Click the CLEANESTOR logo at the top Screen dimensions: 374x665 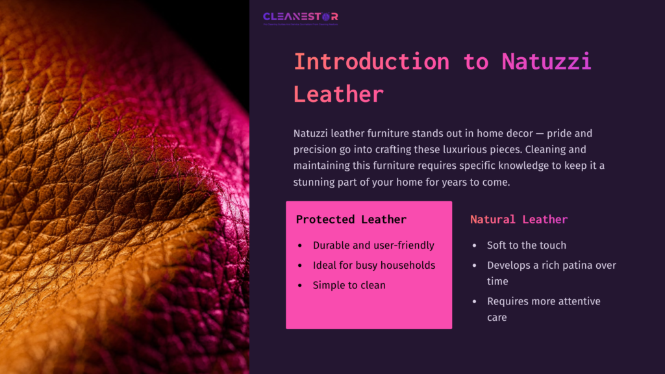(x=300, y=18)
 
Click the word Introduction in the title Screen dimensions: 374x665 (x=371, y=62)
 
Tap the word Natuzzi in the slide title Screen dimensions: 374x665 (x=546, y=62)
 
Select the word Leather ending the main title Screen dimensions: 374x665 (x=338, y=94)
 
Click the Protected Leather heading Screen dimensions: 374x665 (x=351, y=219)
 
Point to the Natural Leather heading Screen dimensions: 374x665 (x=519, y=219)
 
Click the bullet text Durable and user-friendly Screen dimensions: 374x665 (x=373, y=245)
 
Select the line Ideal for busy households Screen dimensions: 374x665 (x=374, y=265)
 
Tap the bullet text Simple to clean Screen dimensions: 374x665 (x=349, y=285)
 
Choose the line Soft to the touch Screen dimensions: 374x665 (x=527, y=245)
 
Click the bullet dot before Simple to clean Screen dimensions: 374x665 (x=299, y=286)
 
